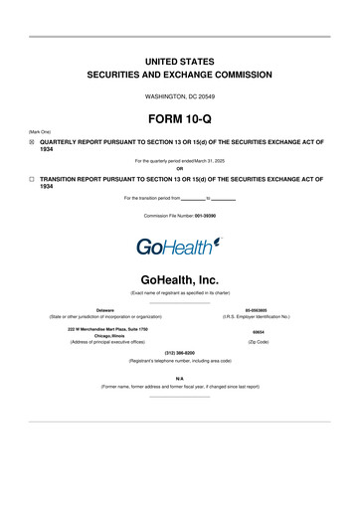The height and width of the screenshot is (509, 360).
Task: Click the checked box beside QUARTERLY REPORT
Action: tap(32, 142)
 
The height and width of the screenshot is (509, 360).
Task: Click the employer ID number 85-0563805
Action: tap(258, 309)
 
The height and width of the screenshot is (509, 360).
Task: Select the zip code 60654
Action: tap(258, 332)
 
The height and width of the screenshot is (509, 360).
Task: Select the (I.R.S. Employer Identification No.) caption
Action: tap(258, 317)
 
